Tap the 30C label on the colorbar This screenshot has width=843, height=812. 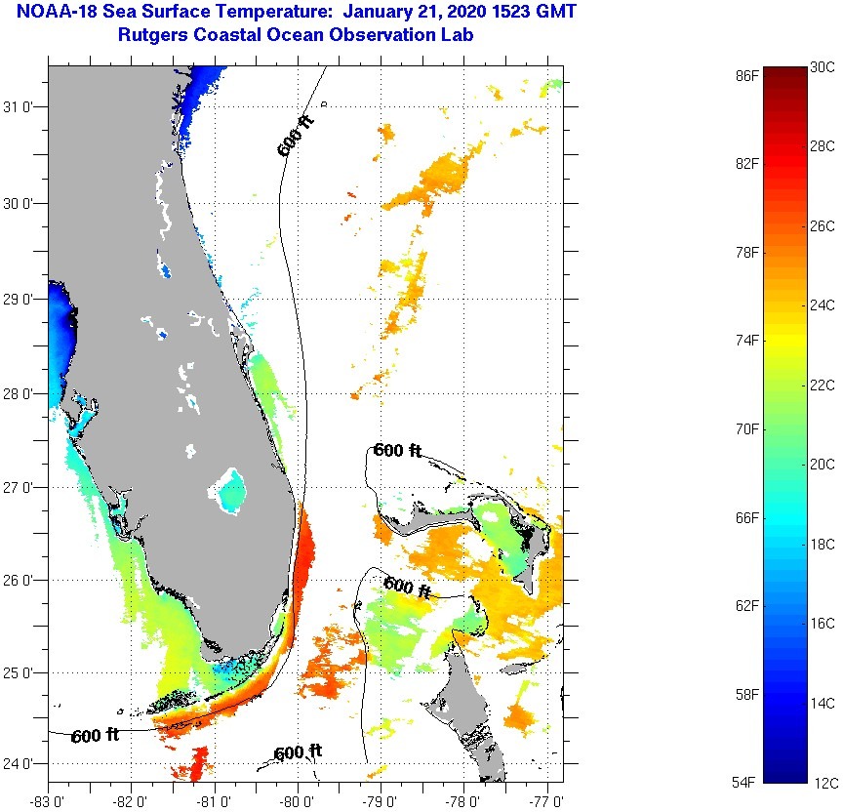[x=823, y=67]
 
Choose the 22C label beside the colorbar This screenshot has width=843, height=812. [x=823, y=385]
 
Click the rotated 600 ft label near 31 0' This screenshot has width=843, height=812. [x=296, y=138]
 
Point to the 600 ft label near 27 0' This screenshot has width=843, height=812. [x=397, y=451]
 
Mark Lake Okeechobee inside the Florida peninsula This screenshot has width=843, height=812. [x=231, y=490]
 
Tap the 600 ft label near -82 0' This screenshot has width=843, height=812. [x=96, y=735]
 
